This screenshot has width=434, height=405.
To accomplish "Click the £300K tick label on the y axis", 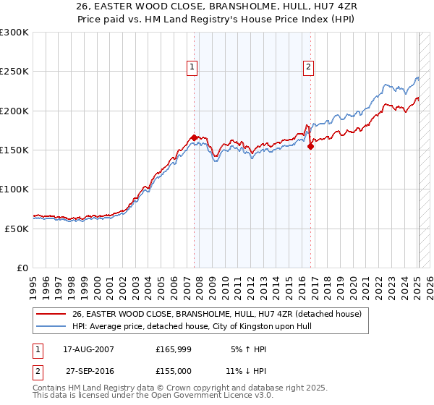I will pos(14,33).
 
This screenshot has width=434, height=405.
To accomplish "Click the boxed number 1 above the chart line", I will pos(192,67).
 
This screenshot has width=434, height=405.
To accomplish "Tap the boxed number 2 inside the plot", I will pos(308,67).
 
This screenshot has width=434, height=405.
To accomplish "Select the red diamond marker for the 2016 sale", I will pos(311,146).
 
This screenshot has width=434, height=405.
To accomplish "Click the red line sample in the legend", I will pos(52,314).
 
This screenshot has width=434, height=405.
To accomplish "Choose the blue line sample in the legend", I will pos(52,326).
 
